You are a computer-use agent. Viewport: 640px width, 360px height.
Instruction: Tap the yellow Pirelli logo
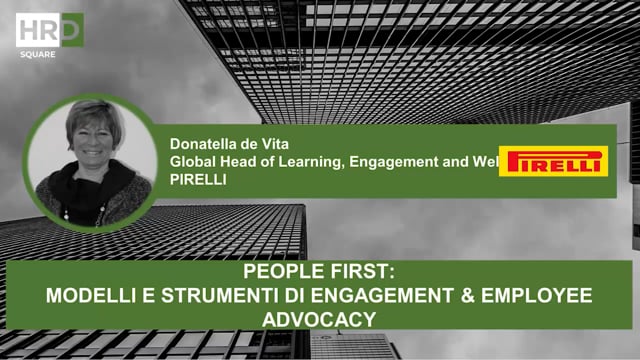point(554,160)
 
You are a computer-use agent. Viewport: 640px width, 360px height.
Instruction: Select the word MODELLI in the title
point(95,296)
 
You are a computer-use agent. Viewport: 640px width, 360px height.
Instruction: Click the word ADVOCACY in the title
point(321,317)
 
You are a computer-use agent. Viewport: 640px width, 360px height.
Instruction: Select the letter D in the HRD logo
point(70,27)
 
